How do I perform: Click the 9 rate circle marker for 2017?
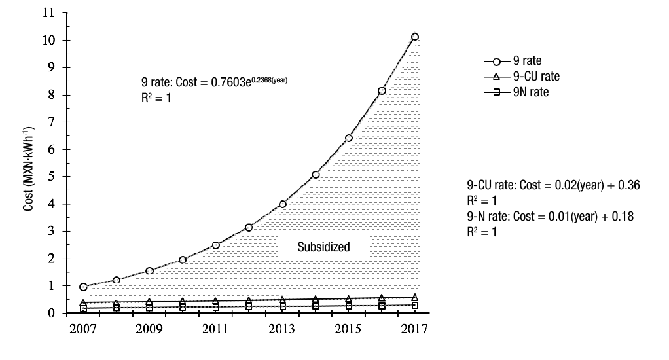(415, 37)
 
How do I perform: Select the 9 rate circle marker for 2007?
(83, 287)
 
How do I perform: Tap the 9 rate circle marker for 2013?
(283, 204)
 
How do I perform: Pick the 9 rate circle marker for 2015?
(349, 138)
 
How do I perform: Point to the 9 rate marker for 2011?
(216, 245)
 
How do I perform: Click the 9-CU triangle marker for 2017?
(415, 297)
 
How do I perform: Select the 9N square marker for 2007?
(83, 308)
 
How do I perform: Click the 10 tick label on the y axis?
(51, 40)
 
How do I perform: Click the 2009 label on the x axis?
(149, 329)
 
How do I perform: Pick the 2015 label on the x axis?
(349, 329)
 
